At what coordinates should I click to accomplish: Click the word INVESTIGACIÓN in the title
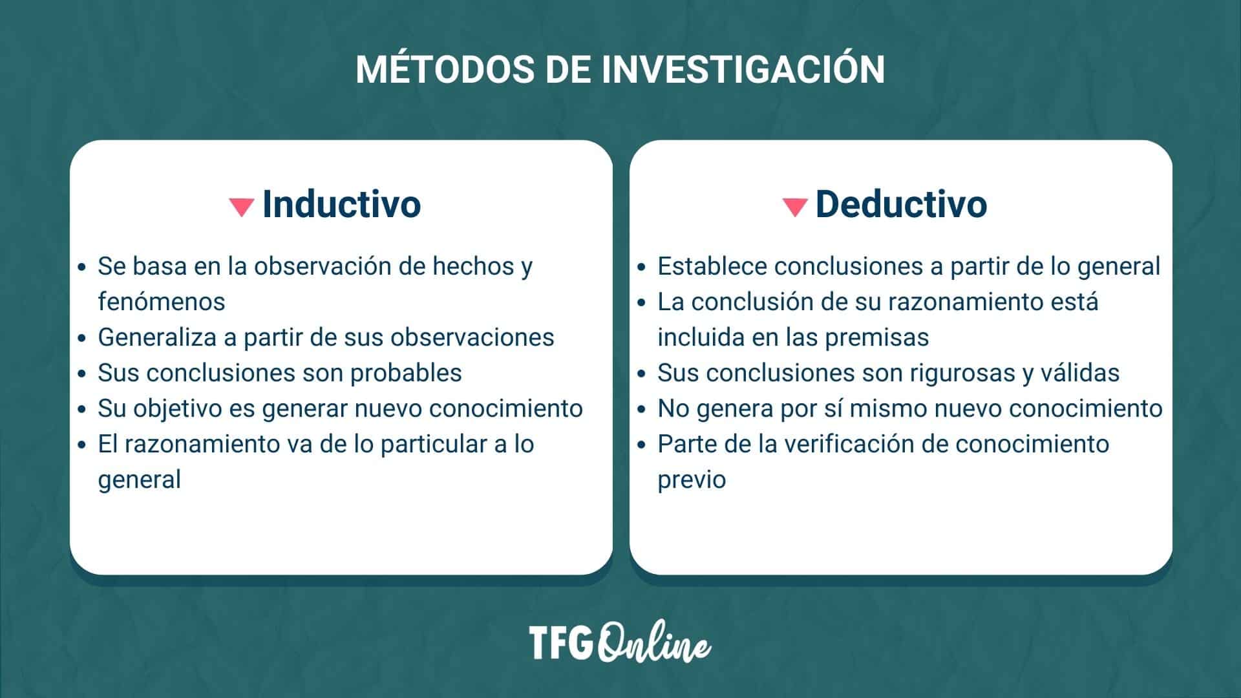click(x=743, y=69)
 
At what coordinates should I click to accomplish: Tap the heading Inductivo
click(x=341, y=204)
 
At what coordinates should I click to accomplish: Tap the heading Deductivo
click(x=901, y=204)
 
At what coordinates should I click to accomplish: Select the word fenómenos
click(x=162, y=302)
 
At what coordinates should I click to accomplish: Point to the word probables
click(x=406, y=373)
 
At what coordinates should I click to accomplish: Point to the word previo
click(x=692, y=480)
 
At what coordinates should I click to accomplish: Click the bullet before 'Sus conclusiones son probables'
click(x=81, y=374)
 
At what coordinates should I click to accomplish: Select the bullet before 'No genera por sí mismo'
click(x=641, y=410)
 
